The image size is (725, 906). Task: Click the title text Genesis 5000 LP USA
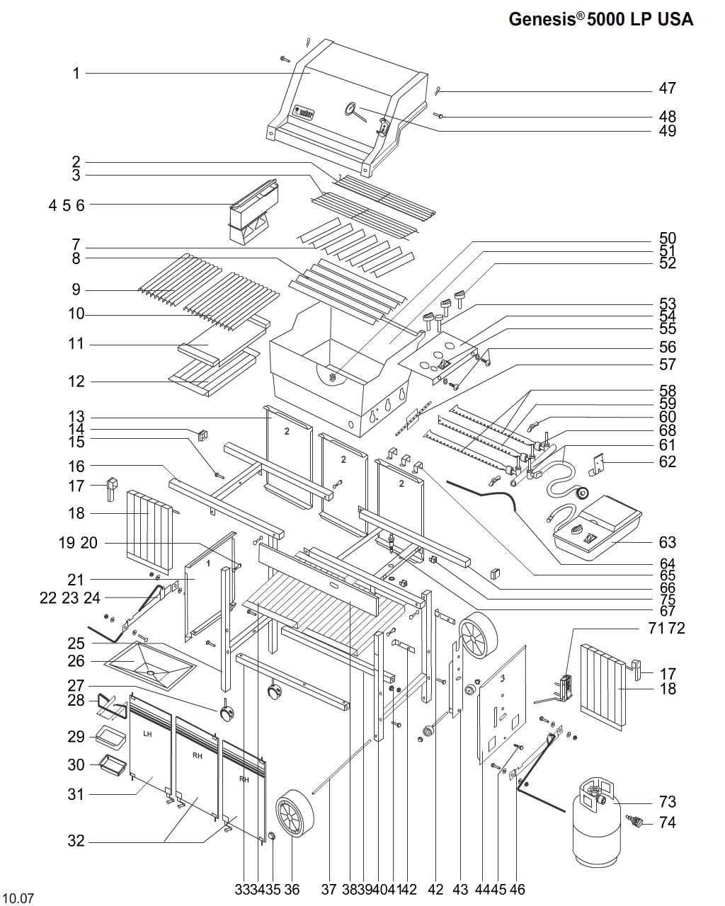coord(601,20)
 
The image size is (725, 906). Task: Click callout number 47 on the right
coord(667,88)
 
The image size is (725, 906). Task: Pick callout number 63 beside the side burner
coord(667,542)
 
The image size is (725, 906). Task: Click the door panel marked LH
coord(149,750)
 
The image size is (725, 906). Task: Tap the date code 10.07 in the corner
coord(18,899)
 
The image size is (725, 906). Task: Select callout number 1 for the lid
coord(76,73)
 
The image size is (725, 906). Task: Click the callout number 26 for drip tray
coord(76,661)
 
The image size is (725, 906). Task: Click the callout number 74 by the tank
coord(667,822)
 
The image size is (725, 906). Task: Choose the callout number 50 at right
coord(667,238)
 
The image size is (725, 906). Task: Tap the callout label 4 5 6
coord(67,205)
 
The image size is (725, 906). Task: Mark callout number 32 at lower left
coord(76,841)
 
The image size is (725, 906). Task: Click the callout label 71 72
coord(666,628)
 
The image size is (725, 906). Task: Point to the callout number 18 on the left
coord(76,512)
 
